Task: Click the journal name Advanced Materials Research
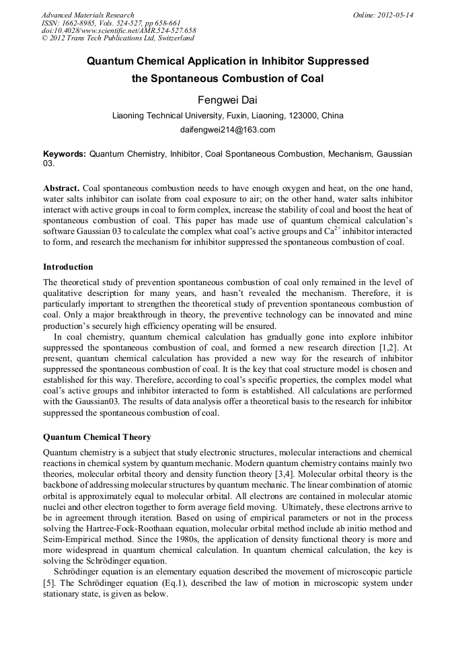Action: coord(87,15)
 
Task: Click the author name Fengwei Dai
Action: coord(227,101)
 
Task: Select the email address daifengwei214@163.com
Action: coord(227,130)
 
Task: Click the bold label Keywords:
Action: coord(65,154)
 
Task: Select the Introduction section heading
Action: coord(68,267)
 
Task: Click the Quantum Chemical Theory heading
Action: coord(97,437)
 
